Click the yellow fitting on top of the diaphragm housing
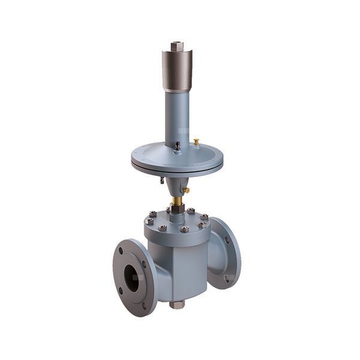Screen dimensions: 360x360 click(196, 142)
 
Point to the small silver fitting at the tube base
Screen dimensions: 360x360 click(177, 146)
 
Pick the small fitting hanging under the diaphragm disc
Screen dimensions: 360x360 click(161, 179)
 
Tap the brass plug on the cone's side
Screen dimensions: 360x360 click(186, 190)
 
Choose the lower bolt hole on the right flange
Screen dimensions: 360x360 click(228, 277)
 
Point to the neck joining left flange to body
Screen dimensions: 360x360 click(154, 270)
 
